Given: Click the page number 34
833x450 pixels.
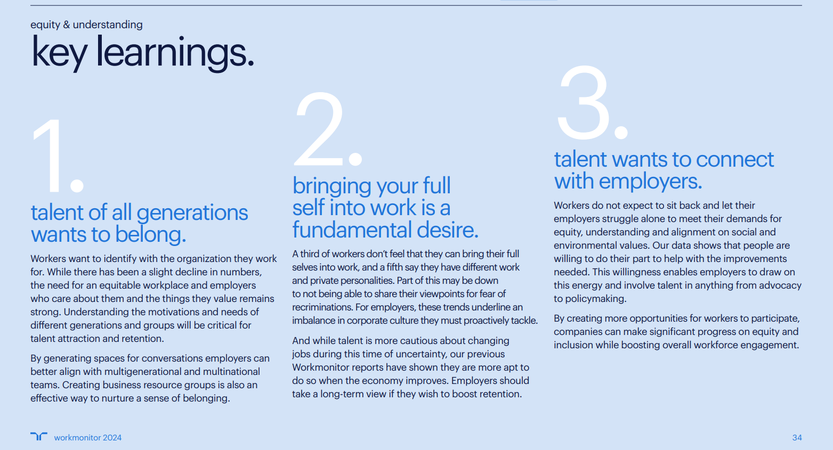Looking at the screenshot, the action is point(797,438).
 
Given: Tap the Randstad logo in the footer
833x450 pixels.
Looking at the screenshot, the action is point(39,436).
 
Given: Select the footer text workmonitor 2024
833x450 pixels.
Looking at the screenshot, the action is point(88,438).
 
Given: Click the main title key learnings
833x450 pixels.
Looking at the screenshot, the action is point(142,52).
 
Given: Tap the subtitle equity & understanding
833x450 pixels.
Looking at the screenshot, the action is point(87,24).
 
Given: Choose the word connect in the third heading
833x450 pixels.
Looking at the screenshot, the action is point(734,160).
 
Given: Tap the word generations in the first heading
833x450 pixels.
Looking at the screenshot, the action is point(192,213).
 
